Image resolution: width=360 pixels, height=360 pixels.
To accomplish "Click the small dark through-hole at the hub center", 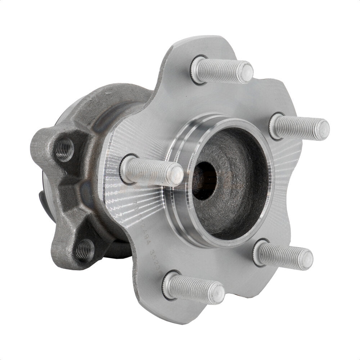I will [x=204, y=180].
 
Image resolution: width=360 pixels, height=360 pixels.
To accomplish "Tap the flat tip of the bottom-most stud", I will [x=217, y=292].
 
